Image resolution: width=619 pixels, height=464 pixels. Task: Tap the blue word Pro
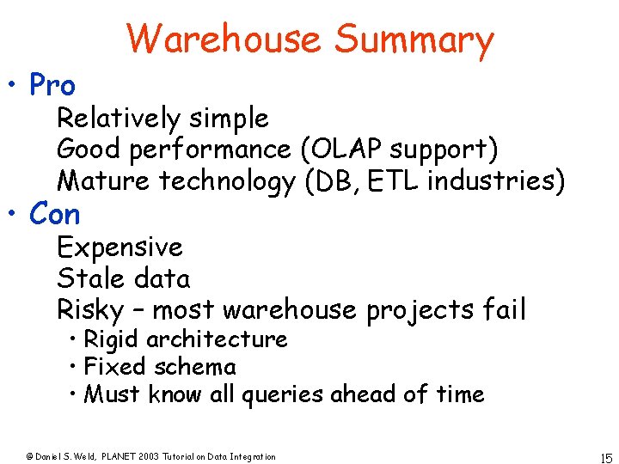52,85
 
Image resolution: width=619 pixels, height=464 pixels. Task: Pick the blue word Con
54,214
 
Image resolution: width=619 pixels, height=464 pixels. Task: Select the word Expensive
120,247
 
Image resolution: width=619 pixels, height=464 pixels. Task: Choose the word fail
505,309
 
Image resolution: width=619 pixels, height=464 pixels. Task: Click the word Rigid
112,339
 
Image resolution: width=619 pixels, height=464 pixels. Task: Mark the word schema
194,367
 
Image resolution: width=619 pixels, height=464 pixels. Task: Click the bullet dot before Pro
15,86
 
